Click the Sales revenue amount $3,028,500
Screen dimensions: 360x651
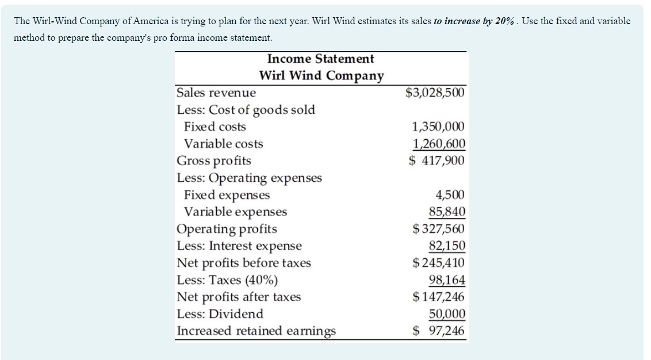435,93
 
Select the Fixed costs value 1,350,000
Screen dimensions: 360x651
438,127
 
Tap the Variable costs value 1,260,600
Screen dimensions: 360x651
438,144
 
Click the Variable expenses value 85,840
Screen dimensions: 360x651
447,212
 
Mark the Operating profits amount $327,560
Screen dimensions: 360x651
439,229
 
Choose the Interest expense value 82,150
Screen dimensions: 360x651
447,246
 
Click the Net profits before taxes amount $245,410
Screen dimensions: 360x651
439,263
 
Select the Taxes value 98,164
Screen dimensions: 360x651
447,280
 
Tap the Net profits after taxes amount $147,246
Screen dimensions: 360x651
439,297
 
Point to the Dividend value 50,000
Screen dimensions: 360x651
447,314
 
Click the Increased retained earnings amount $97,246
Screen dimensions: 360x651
439,331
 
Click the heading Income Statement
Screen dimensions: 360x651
320,59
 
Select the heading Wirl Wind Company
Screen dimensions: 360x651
321,76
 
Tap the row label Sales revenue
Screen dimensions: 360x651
216,93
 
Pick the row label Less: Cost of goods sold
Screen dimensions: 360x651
246,110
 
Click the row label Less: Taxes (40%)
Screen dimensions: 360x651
227,280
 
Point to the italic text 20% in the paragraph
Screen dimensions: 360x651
505,21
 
